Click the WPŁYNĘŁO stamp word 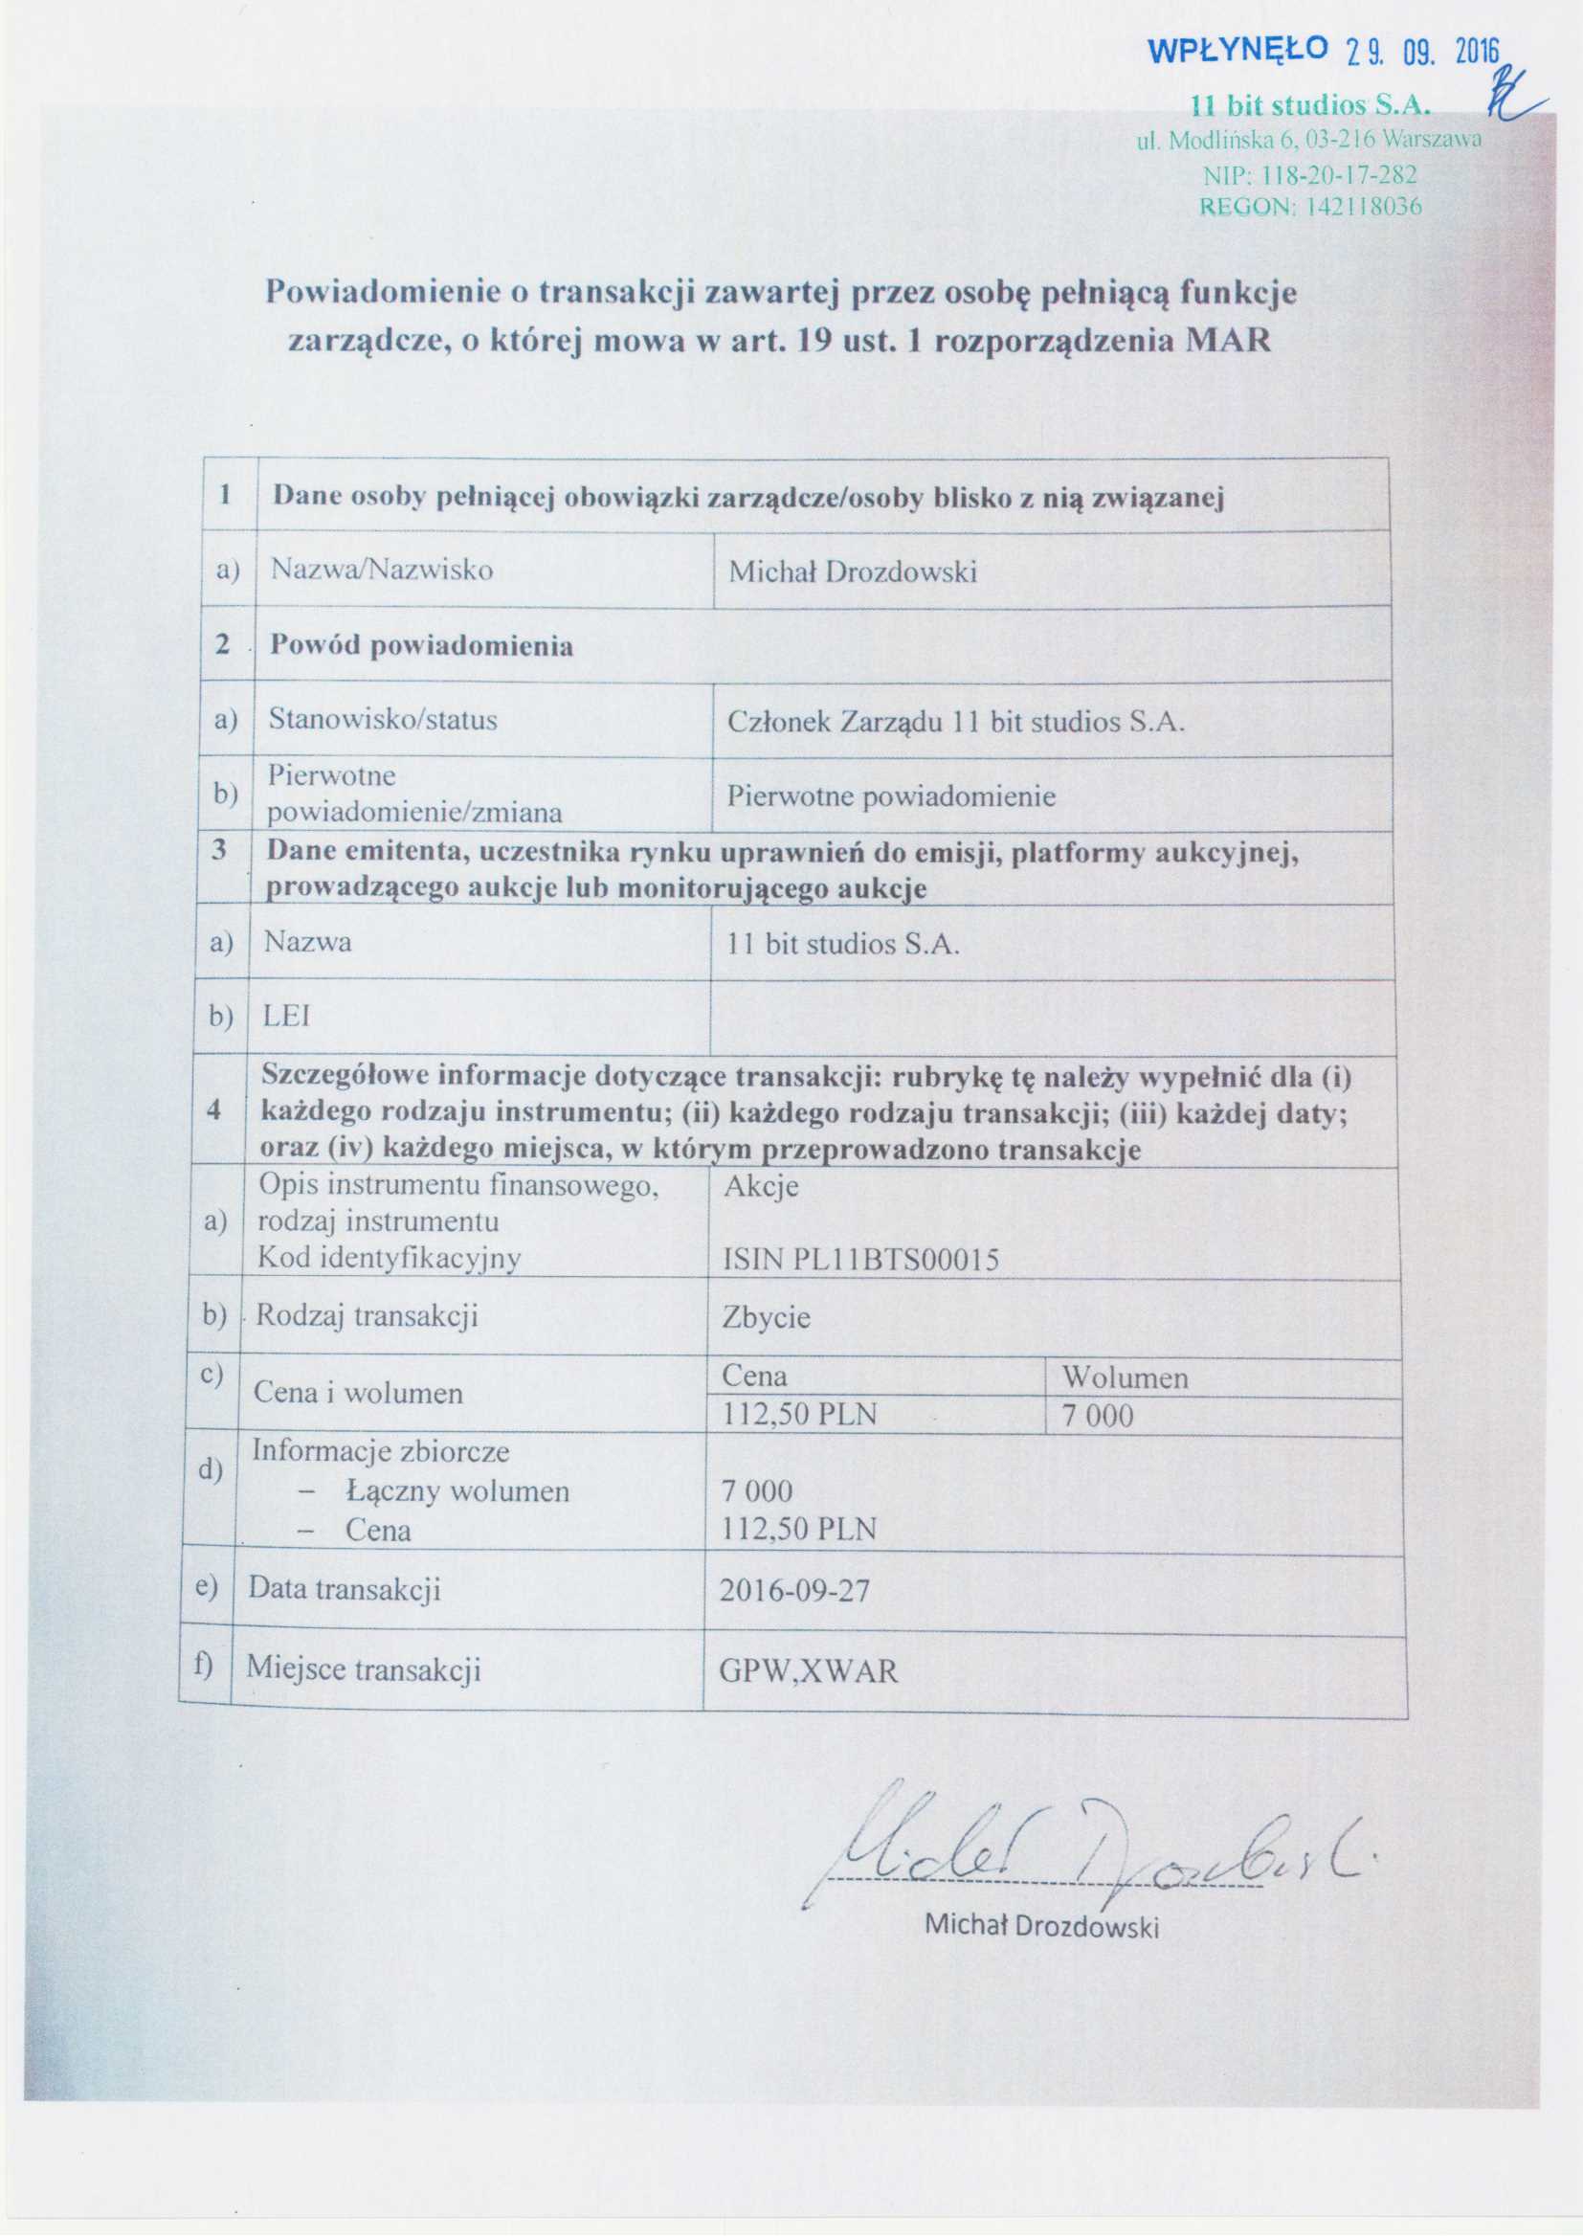[x=1237, y=50]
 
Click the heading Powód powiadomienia [x=421, y=645]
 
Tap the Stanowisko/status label [x=383, y=720]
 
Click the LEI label [x=286, y=1017]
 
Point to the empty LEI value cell [x=1051, y=1017]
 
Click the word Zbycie [x=767, y=1318]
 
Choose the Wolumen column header [x=1125, y=1377]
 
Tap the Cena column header [x=754, y=1375]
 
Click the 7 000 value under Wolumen [x=1098, y=1415]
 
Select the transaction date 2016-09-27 [x=794, y=1591]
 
